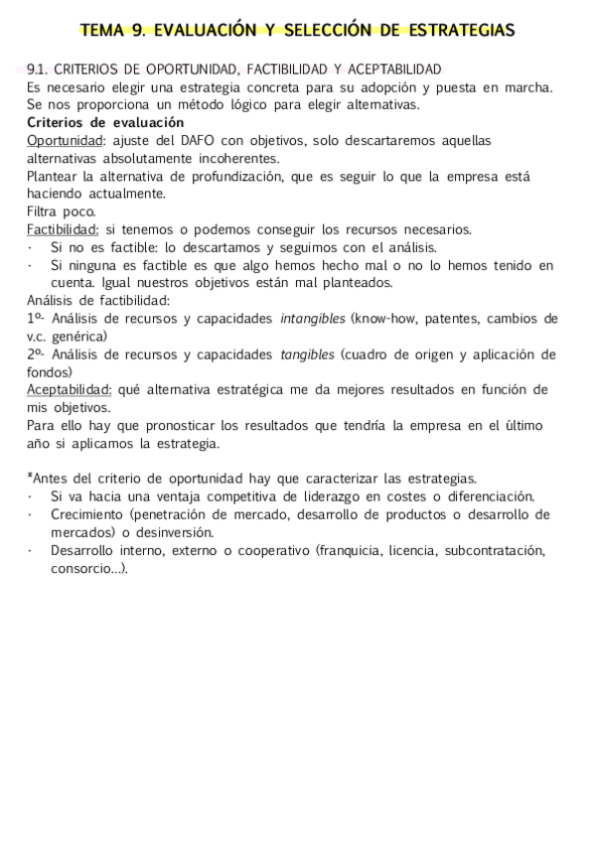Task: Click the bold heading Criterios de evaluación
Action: [x=92, y=122]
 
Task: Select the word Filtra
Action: [x=44, y=211]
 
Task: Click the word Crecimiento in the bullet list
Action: [x=87, y=515]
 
